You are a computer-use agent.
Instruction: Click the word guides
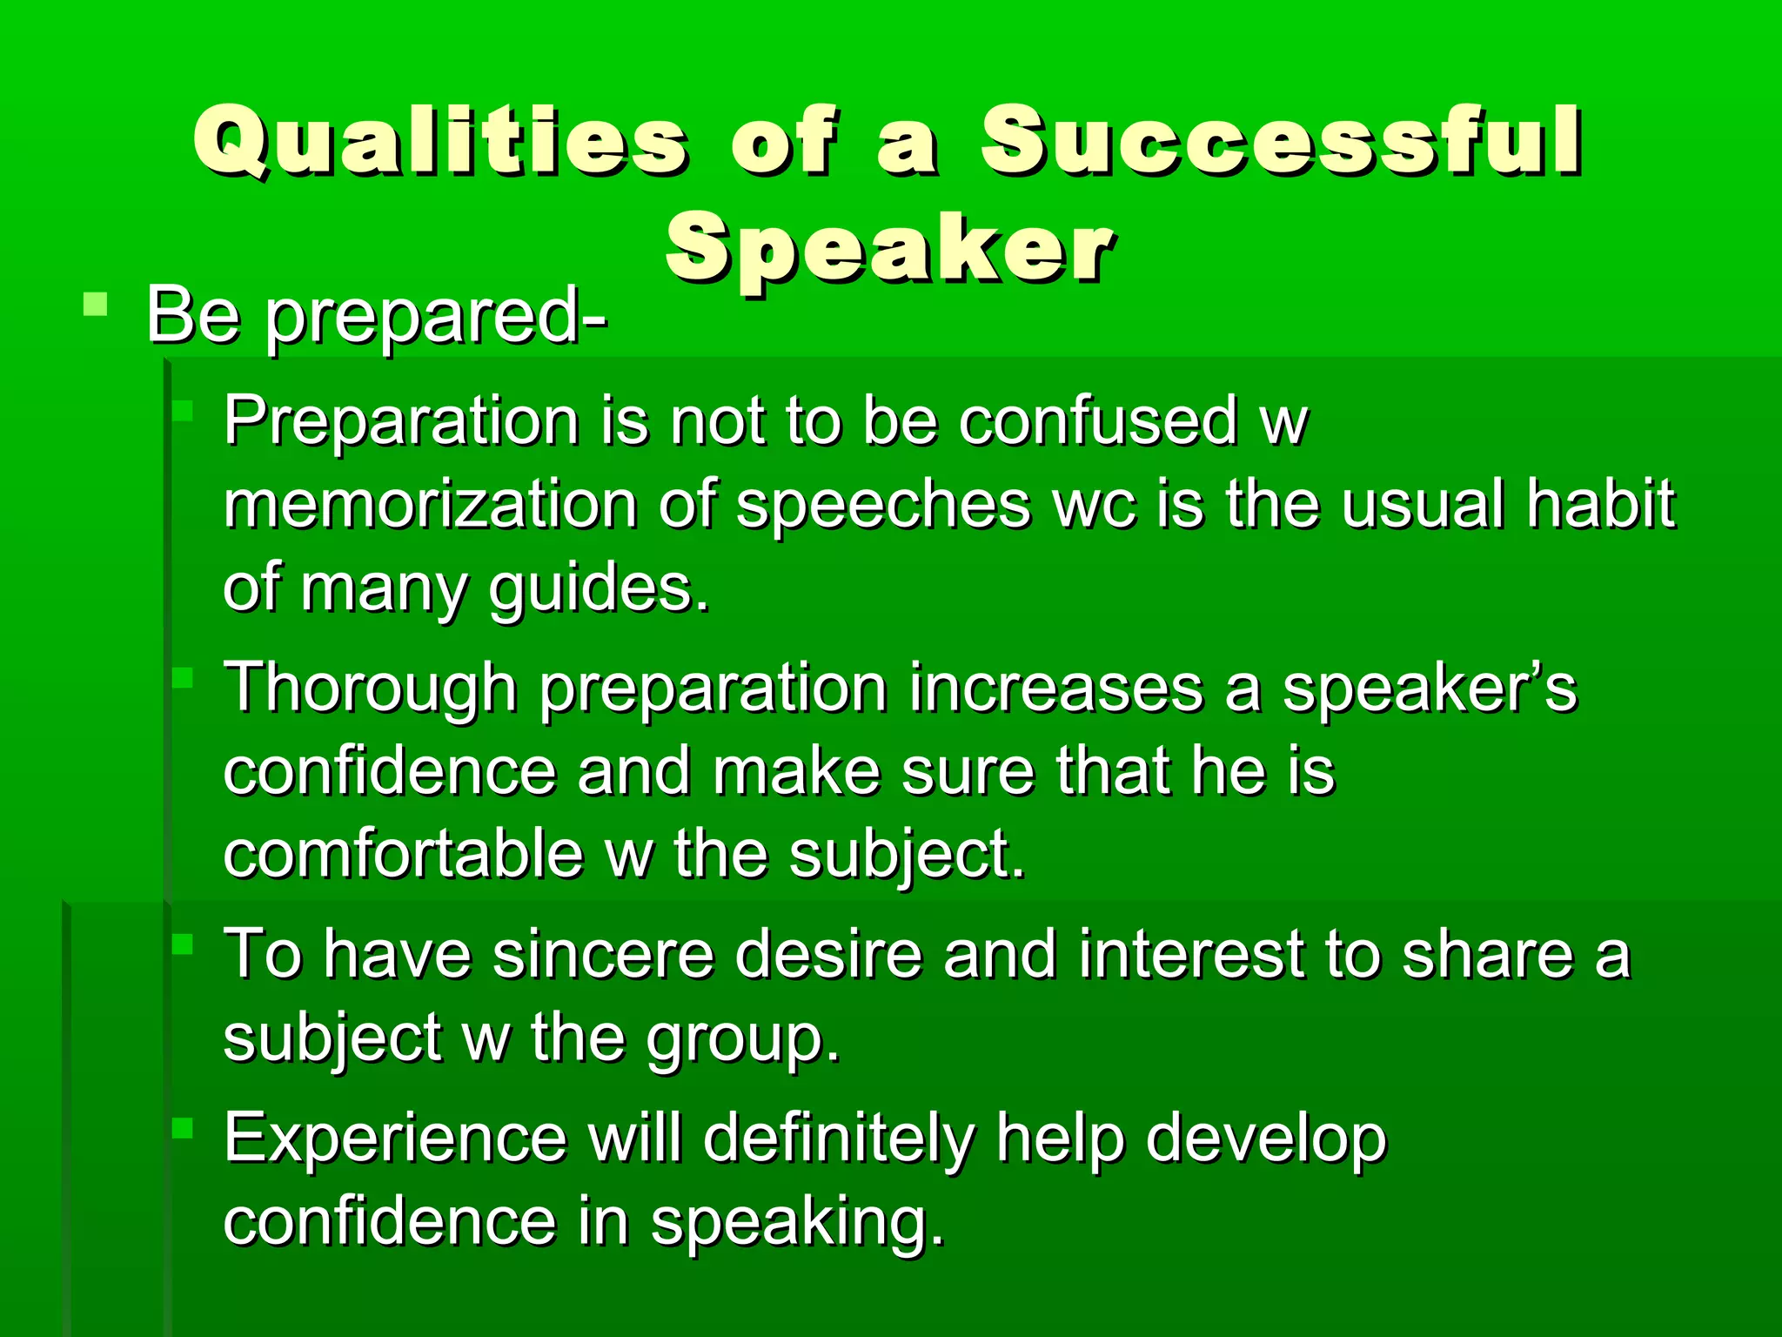598,589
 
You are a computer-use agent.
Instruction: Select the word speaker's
1429,688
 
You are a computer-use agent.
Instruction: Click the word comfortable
403,855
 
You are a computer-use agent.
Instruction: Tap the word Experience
395,1138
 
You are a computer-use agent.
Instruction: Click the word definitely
839,1138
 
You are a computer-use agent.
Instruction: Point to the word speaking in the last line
796,1222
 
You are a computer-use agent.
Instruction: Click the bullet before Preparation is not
183,410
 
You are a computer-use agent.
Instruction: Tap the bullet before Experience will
183,1128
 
